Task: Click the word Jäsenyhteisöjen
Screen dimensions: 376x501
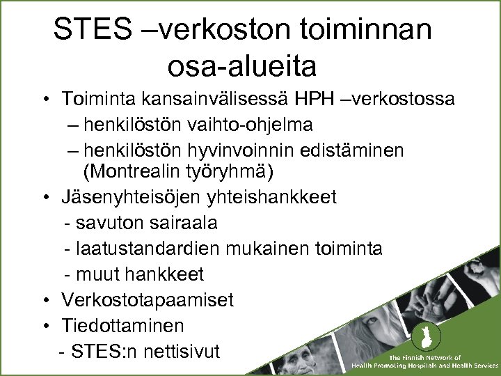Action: [132, 197]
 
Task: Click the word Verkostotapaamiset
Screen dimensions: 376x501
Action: [147, 299]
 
